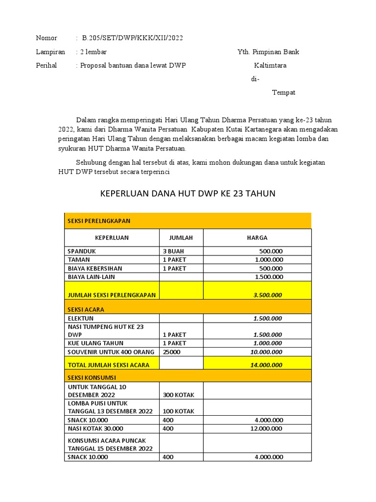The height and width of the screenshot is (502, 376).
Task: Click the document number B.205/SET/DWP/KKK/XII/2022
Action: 133,38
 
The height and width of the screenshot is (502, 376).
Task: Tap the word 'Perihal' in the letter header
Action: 47,65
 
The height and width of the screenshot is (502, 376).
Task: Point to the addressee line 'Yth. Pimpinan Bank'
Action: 268,52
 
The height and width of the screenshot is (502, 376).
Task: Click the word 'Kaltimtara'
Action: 270,65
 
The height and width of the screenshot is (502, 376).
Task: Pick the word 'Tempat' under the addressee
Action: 283,92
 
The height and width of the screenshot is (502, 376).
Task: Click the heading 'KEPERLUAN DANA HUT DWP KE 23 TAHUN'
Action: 188,194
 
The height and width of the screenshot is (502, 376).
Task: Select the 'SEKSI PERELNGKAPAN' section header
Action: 99,221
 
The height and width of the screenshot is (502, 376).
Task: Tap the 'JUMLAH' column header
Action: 181,238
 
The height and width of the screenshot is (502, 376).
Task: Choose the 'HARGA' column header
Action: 257,238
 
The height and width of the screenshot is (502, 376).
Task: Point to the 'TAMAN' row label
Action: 79,260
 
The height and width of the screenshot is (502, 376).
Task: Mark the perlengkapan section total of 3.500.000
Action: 267,295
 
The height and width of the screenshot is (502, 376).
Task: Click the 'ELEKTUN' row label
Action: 80,318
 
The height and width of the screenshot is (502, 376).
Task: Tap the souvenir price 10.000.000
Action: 266,352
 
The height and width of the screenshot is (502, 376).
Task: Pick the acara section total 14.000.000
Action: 267,365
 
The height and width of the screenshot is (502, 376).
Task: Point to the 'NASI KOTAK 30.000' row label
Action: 95,428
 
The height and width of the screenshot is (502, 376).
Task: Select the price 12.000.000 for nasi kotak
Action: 266,428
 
